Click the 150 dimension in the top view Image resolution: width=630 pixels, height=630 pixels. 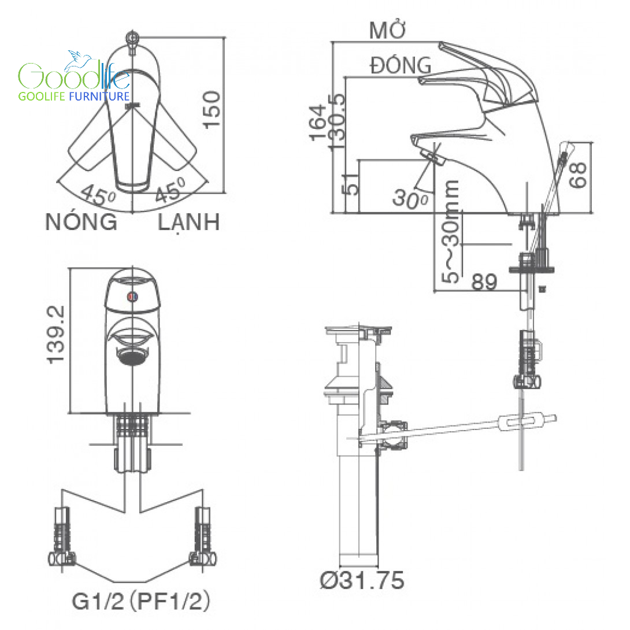click(x=212, y=110)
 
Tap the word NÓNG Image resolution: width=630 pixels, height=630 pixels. click(x=81, y=222)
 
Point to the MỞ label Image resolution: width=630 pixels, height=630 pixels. click(x=388, y=31)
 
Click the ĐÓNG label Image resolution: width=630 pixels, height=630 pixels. click(x=401, y=65)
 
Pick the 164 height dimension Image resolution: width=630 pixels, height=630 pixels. click(x=318, y=123)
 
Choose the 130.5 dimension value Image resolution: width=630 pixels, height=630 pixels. click(x=337, y=123)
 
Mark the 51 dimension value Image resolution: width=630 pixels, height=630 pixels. click(x=351, y=184)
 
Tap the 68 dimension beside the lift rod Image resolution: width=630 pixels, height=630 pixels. click(x=578, y=175)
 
